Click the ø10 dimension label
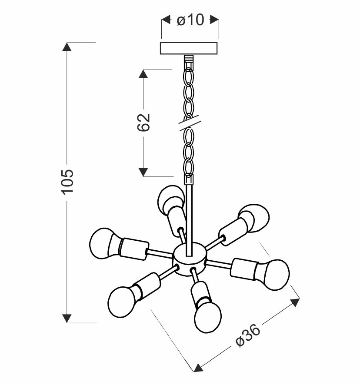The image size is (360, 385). (190, 20)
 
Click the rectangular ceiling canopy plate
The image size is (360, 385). (190, 48)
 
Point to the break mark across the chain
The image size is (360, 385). (189, 123)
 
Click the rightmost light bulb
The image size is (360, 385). (274, 274)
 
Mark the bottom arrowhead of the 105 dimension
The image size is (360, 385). (67, 318)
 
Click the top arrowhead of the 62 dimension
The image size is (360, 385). (144, 73)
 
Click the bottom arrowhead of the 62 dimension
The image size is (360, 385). (144, 172)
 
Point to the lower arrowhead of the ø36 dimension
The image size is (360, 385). (198, 368)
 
